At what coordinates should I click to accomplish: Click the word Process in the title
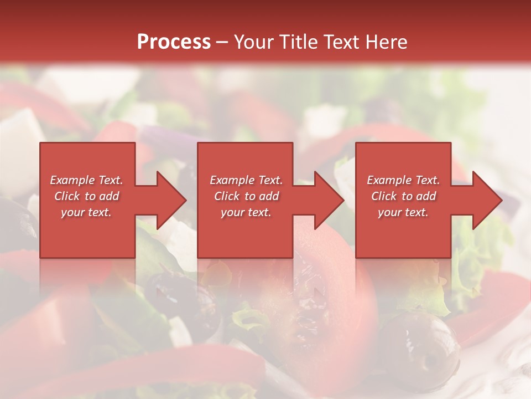click(174, 42)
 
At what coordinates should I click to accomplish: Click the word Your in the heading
click(254, 42)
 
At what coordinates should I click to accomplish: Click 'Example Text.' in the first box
click(86, 180)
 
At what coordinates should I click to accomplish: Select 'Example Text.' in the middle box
click(246, 180)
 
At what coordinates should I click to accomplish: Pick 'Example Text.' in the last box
click(403, 180)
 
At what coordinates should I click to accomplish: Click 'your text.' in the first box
click(86, 212)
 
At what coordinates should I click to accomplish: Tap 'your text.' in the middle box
click(246, 212)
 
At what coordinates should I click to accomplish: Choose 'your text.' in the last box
click(403, 212)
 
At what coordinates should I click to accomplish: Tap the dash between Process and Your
click(222, 42)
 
